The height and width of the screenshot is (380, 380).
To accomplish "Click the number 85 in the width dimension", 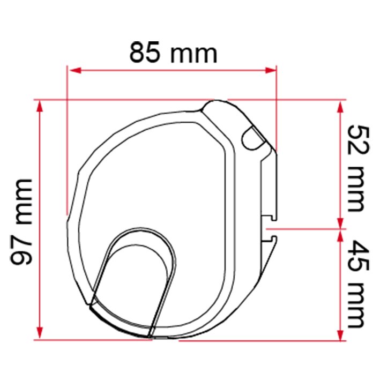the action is pos(145,53).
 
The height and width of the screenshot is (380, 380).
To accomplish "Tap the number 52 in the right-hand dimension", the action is pos(359,140).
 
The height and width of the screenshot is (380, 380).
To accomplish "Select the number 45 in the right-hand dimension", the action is pos(359,256).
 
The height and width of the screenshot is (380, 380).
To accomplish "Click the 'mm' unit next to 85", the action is pos(194,55).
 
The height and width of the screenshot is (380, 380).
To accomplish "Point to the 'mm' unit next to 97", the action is pos(24,202).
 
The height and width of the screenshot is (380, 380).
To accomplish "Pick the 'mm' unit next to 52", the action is pos(356,189).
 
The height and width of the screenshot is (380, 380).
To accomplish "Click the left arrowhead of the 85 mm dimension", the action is pos(75,71).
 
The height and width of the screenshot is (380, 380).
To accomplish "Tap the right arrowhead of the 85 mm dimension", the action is pos(271,71).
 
